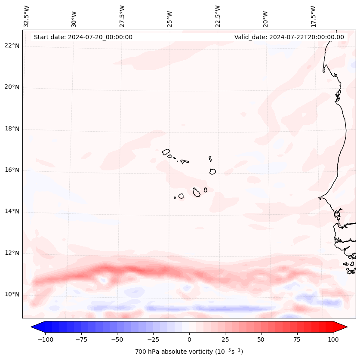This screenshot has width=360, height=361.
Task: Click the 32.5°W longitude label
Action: pos(27,16)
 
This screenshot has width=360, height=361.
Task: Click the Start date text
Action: pos(83,37)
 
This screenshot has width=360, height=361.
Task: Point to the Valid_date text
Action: pos(289,37)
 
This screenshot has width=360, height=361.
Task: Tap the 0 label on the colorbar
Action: pos(189,339)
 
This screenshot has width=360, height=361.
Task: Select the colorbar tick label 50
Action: pos(261,339)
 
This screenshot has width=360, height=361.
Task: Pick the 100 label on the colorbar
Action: pos(333,339)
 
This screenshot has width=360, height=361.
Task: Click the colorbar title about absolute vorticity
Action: pos(189,352)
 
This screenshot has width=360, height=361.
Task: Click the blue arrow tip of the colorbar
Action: pos(35,327)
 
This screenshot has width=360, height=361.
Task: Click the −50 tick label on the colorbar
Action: pos(117,339)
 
